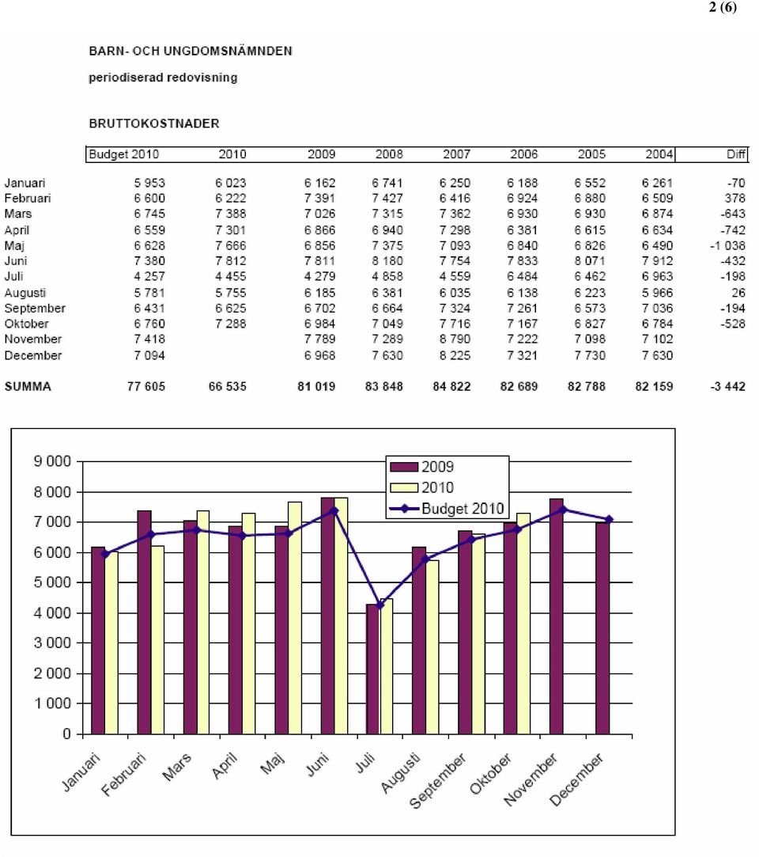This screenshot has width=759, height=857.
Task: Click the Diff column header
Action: click(735, 154)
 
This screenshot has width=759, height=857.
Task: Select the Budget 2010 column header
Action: click(124, 154)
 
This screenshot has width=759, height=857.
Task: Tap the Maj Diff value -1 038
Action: click(727, 245)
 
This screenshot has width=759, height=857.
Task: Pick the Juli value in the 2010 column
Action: click(230, 276)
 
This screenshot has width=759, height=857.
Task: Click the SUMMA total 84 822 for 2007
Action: click(451, 386)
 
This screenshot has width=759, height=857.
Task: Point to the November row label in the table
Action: click(32, 339)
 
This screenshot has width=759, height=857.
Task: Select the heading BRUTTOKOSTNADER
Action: click(154, 123)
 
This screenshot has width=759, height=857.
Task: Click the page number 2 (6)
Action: click(723, 7)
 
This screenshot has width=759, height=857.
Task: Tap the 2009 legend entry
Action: click(422, 467)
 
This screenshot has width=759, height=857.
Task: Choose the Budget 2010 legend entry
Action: click(447, 508)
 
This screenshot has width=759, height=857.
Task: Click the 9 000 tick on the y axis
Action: click(52, 461)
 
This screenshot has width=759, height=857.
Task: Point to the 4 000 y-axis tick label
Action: click(52, 612)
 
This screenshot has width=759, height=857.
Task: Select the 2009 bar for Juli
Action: click(373, 669)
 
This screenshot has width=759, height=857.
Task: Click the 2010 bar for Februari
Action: click(157, 639)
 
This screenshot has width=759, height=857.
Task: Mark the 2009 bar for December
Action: click(602, 628)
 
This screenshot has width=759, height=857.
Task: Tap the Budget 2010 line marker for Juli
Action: click(380, 605)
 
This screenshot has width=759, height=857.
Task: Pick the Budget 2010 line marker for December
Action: click(609, 519)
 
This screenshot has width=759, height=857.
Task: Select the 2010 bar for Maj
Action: click(295, 617)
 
